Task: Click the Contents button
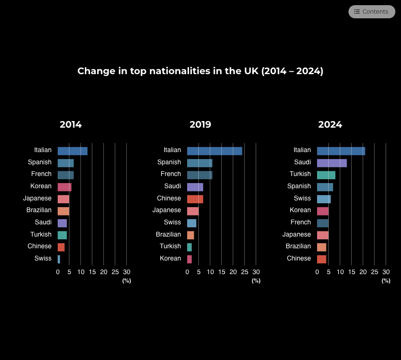(371, 12)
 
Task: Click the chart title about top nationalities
(200, 71)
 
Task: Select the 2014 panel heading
(70, 125)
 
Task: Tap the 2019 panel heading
(200, 125)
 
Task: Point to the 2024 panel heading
(330, 125)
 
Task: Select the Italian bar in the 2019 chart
(214, 151)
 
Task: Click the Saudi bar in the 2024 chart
(332, 163)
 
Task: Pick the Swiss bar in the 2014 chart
(59, 259)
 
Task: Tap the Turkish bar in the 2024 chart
(326, 175)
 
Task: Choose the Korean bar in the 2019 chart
(189, 259)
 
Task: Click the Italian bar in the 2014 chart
(72, 151)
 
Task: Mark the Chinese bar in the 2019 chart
(195, 199)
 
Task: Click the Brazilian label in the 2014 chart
(39, 210)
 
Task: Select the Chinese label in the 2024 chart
(299, 258)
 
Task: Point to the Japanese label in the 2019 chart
(166, 210)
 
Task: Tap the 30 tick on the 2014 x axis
(127, 272)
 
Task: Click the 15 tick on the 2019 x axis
(221, 272)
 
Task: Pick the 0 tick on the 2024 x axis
(317, 272)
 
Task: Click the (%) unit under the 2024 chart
(386, 281)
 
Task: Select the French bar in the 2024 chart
(323, 223)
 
